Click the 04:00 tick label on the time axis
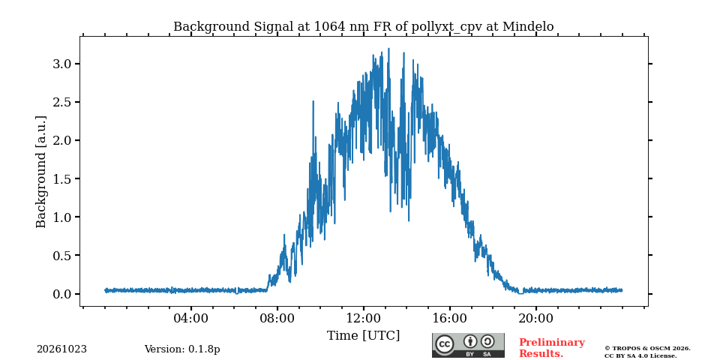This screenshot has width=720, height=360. [x=190, y=318]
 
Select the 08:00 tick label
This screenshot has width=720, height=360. [x=277, y=318]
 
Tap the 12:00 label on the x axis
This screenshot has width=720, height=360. [x=363, y=318]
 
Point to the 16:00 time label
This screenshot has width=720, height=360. [x=449, y=318]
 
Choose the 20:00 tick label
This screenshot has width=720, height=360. [x=535, y=318]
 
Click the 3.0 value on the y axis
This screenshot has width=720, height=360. [x=62, y=64]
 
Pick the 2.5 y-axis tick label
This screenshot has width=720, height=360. [x=62, y=102]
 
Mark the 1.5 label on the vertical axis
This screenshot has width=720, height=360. [x=62, y=178]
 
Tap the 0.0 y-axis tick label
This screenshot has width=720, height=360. [x=62, y=294]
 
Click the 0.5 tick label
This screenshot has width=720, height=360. [x=62, y=255]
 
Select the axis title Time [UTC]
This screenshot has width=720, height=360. [x=363, y=336]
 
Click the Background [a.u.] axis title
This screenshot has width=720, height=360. [x=41, y=172]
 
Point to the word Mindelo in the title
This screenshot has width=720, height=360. [x=528, y=27]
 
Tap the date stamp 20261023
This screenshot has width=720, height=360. [x=62, y=349]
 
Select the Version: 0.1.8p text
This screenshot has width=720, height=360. [x=182, y=349]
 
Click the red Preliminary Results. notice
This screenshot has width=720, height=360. [x=552, y=348]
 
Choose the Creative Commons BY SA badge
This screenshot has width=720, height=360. [x=468, y=345]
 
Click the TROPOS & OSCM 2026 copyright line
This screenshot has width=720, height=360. [x=647, y=349]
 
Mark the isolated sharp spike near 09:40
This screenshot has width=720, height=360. [x=313, y=102]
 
